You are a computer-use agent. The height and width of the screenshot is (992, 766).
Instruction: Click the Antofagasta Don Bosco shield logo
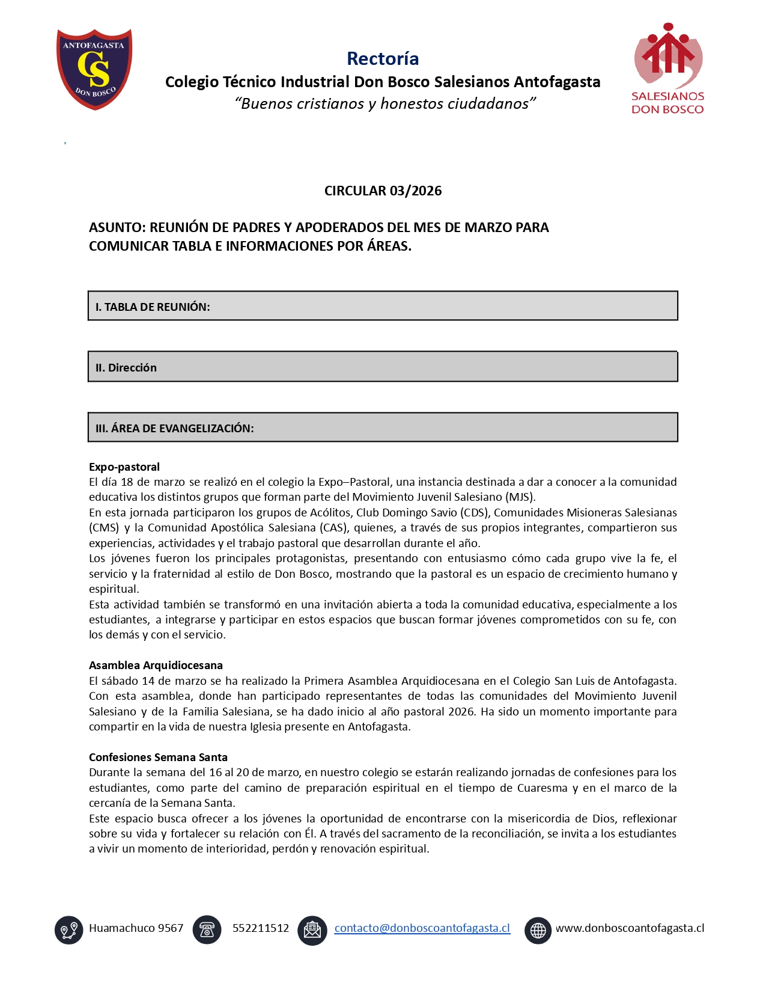(x=94, y=69)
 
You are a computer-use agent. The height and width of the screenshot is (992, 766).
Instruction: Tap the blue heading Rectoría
(x=383, y=58)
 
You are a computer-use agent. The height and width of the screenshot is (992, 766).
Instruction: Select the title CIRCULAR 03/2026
(x=383, y=191)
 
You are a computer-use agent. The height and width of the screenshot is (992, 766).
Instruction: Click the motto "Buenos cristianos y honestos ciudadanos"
(x=385, y=103)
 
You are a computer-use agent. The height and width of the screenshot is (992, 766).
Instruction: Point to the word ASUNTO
(x=116, y=227)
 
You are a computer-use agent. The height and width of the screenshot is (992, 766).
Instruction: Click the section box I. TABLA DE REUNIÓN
(x=383, y=306)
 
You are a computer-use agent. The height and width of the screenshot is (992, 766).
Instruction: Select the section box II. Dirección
(x=383, y=367)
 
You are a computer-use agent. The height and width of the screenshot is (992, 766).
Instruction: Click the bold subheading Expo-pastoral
(x=124, y=467)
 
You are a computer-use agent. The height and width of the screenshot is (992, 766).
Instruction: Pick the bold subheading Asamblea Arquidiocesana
(x=156, y=665)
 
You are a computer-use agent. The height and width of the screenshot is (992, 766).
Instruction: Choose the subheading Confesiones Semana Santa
(x=158, y=757)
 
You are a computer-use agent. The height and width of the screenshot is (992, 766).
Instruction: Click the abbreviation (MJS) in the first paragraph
(x=520, y=497)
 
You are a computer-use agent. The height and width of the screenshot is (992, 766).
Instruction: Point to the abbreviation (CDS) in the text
(x=474, y=512)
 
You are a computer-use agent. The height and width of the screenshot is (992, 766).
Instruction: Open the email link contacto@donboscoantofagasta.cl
(x=422, y=928)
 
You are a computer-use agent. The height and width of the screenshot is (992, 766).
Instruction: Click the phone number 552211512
(x=260, y=928)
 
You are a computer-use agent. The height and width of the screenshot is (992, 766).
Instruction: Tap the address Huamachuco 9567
(x=136, y=928)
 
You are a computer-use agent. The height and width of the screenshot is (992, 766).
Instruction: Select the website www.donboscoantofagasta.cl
(x=630, y=928)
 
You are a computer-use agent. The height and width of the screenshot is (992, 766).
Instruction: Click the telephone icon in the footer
(x=207, y=930)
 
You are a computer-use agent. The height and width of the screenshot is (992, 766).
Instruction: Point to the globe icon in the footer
(x=538, y=930)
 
